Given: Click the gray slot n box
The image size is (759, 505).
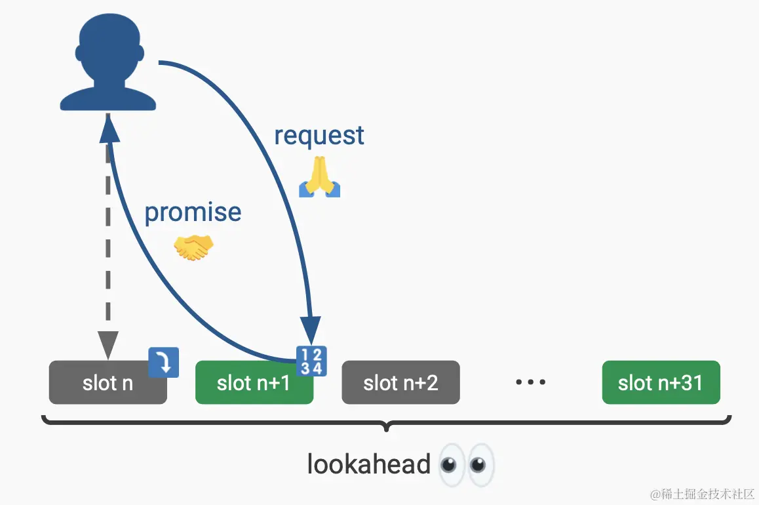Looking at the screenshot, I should point(107,382).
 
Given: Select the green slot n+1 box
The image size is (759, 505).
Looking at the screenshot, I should point(254,382).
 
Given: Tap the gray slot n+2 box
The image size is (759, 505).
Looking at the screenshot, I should point(400,382).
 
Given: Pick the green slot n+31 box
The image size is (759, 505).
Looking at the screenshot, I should point(661,382).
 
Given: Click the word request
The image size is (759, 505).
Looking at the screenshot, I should point(319,135).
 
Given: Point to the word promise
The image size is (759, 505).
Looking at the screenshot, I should point(193,212).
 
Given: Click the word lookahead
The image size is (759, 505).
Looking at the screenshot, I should point(368,464).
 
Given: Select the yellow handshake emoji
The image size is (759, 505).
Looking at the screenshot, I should point(193,248).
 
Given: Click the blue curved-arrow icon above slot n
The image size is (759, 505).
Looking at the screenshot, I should point(164,362).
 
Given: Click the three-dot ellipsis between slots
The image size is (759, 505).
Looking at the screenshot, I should point(530,382).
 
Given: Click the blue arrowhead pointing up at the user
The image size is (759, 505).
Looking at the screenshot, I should point(109,130).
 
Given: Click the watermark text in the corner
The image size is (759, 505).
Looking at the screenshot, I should point(702,493).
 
